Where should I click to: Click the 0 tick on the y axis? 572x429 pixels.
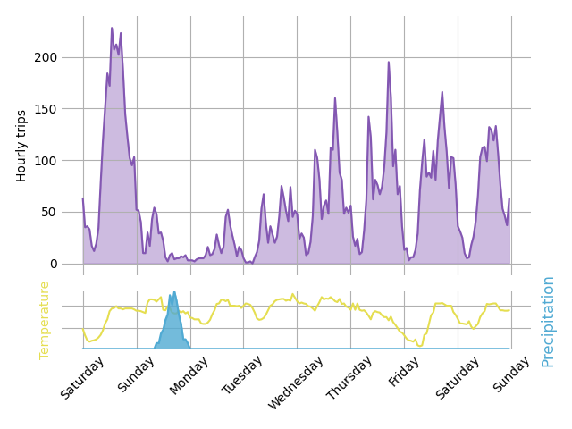53,264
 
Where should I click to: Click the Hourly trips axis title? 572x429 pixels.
21,146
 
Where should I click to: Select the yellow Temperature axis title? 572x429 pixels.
45,320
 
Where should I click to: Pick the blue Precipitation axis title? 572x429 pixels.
548,321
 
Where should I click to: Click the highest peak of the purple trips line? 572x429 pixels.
112,28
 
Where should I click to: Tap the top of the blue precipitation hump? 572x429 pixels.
174,292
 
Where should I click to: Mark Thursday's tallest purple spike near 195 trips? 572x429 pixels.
388,63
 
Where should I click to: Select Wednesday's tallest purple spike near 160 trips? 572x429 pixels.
335,98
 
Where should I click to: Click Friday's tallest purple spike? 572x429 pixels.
442,92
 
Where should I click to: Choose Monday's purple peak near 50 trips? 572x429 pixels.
228,210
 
